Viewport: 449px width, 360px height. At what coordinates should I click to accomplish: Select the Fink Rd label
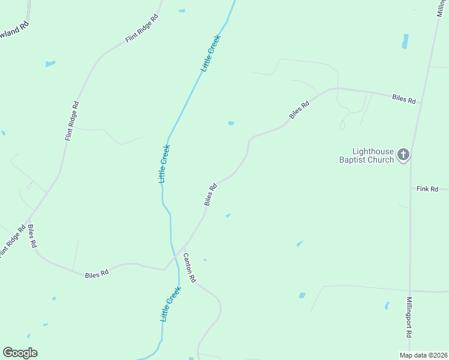pyautogui.click(x=427, y=189)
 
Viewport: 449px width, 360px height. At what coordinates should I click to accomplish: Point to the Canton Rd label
pyautogui.click(x=189, y=268)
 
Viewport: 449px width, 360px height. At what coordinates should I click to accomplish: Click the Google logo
pyautogui.click(x=20, y=353)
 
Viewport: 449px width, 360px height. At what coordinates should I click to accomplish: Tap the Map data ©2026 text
pyautogui.click(x=423, y=355)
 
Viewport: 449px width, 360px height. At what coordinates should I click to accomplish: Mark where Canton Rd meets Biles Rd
pyautogui.click(x=184, y=247)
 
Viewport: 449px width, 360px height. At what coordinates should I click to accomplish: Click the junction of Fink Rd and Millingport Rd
pyautogui.click(x=410, y=189)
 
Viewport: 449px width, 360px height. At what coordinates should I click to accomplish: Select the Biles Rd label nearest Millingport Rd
pyautogui.click(x=403, y=99)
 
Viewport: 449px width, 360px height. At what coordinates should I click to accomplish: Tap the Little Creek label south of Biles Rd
pyautogui.click(x=170, y=304)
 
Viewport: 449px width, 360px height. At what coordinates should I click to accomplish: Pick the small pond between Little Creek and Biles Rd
pyautogui.click(x=231, y=124)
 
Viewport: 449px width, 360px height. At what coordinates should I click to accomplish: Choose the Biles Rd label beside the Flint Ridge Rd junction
pyautogui.click(x=32, y=236)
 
